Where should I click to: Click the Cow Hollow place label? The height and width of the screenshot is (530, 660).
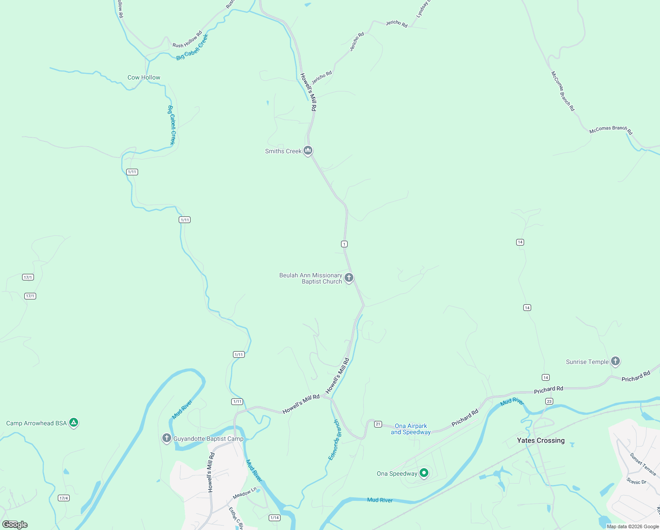144,77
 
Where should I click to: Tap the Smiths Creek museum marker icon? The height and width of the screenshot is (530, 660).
308,151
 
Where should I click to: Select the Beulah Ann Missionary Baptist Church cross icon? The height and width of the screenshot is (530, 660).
349,278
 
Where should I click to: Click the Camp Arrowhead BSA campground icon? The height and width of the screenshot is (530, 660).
74,423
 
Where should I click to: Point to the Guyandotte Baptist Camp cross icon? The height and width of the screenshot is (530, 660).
166,438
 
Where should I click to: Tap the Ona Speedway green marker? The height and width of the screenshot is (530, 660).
424,473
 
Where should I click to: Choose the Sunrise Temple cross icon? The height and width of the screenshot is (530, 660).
615,361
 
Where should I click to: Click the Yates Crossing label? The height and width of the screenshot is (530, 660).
540,440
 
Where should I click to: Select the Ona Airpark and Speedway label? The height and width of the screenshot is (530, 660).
411,429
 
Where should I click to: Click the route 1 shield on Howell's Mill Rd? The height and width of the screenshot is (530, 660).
344,244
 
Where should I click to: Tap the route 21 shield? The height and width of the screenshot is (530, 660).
378,424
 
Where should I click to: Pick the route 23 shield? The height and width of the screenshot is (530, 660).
549,401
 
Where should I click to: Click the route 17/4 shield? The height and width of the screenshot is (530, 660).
64,498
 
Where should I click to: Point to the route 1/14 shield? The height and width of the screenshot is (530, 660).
274,518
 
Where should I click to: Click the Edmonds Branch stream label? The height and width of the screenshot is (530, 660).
334,440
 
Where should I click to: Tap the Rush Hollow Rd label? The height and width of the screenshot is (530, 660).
187,40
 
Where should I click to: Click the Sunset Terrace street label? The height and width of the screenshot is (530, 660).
643,464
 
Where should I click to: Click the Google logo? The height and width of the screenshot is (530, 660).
15,524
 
